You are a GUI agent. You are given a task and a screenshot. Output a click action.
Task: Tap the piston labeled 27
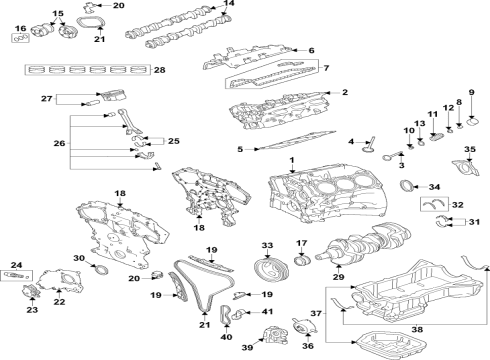pos(109,98)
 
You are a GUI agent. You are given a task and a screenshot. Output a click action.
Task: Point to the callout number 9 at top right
pos(472,92)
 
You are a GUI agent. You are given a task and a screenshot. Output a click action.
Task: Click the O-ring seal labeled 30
pos(100,269)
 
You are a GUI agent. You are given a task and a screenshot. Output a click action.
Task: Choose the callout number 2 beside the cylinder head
pos(344,93)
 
